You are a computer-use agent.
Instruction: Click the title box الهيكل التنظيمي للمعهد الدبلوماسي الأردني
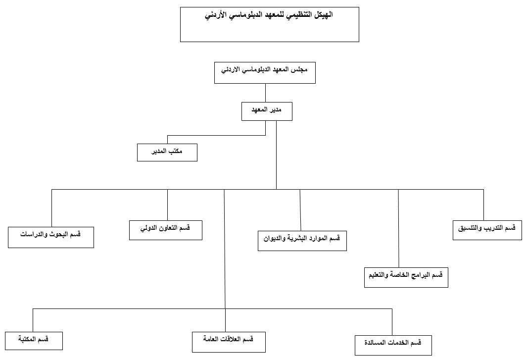tap(269, 24)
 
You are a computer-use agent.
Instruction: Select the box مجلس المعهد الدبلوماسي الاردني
tap(265, 73)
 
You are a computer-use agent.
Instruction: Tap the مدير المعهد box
tap(267, 111)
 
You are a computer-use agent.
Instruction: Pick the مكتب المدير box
tap(167, 152)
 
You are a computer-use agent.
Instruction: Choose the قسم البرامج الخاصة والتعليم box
tap(406, 277)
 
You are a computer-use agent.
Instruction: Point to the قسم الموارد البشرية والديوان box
tap(302, 241)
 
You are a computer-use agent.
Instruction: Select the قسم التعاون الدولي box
tap(165, 230)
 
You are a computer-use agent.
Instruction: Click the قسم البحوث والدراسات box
tap(50, 237)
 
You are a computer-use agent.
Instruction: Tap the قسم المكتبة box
tap(34, 340)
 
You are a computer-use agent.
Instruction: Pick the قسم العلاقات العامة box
tap(229, 342)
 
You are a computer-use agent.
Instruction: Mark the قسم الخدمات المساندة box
tap(393, 345)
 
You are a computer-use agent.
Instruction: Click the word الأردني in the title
tap(216, 15)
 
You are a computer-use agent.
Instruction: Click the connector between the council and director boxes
tap(265, 93)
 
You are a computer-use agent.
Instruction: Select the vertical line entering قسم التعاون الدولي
tap(167, 204)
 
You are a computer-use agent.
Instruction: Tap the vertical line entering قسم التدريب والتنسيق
tap(483, 204)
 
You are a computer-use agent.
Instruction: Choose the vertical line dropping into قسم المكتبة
tap(33, 320)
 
